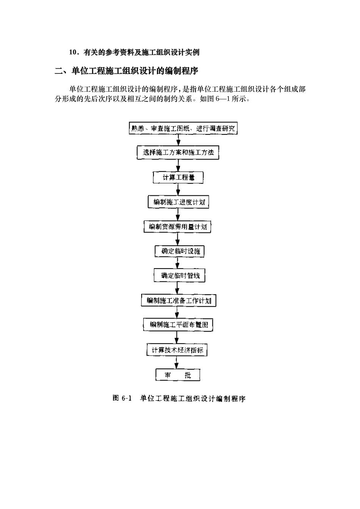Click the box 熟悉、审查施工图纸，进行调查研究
point(183,128)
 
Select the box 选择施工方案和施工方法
point(178,153)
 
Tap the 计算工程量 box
point(178,177)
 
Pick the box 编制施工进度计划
point(178,202)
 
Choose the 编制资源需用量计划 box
point(178,227)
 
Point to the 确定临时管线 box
point(179,275)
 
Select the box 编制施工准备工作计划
point(178,301)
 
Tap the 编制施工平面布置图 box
point(178,325)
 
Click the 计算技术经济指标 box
point(177,350)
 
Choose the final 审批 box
point(178,375)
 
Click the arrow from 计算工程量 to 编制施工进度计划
point(178,189)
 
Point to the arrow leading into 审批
point(177,362)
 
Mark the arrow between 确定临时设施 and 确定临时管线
point(178,263)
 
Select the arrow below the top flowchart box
point(179,140)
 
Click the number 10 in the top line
point(73,53)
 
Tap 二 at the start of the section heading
point(59,71)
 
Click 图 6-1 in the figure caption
point(122,398)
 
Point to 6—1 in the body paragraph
point(220,100)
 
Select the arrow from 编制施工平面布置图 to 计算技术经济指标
point(177,337)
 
